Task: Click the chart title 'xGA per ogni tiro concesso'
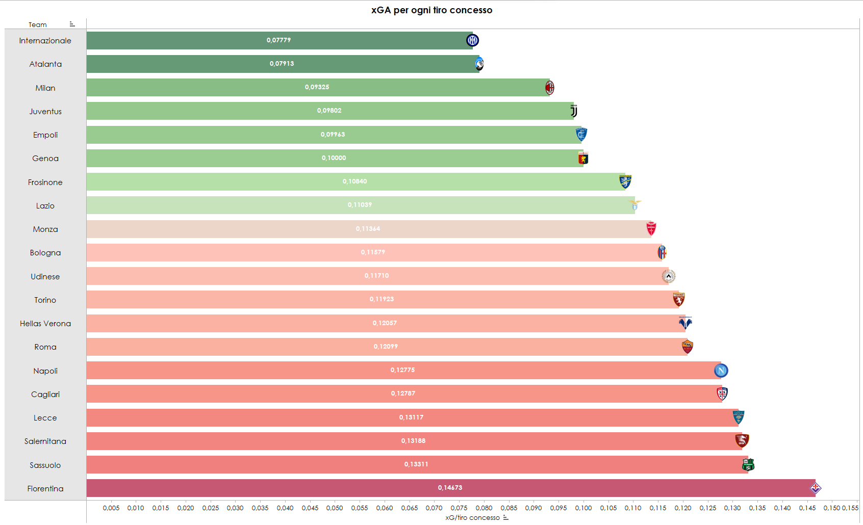[432, 10]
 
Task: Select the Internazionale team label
[45, 41]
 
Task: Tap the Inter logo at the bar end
[472, 40]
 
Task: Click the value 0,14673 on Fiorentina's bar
[450, 488]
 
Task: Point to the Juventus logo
[574, 111]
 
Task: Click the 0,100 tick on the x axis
[583, 508]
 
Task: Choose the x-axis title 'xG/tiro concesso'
[472, 518]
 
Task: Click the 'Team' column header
[37, 24]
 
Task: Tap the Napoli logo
[721, 371]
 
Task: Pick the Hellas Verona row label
[45, 324]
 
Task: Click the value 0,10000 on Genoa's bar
[334, 158]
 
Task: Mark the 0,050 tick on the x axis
[335, 508]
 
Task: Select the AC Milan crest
[549, 88]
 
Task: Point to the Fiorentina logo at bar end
[815, 488]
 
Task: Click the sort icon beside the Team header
[72, 24]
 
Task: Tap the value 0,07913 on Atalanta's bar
[282, 64]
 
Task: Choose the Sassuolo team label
[45, 465]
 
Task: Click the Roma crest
[687, 347]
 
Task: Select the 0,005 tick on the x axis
[111, 508]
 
